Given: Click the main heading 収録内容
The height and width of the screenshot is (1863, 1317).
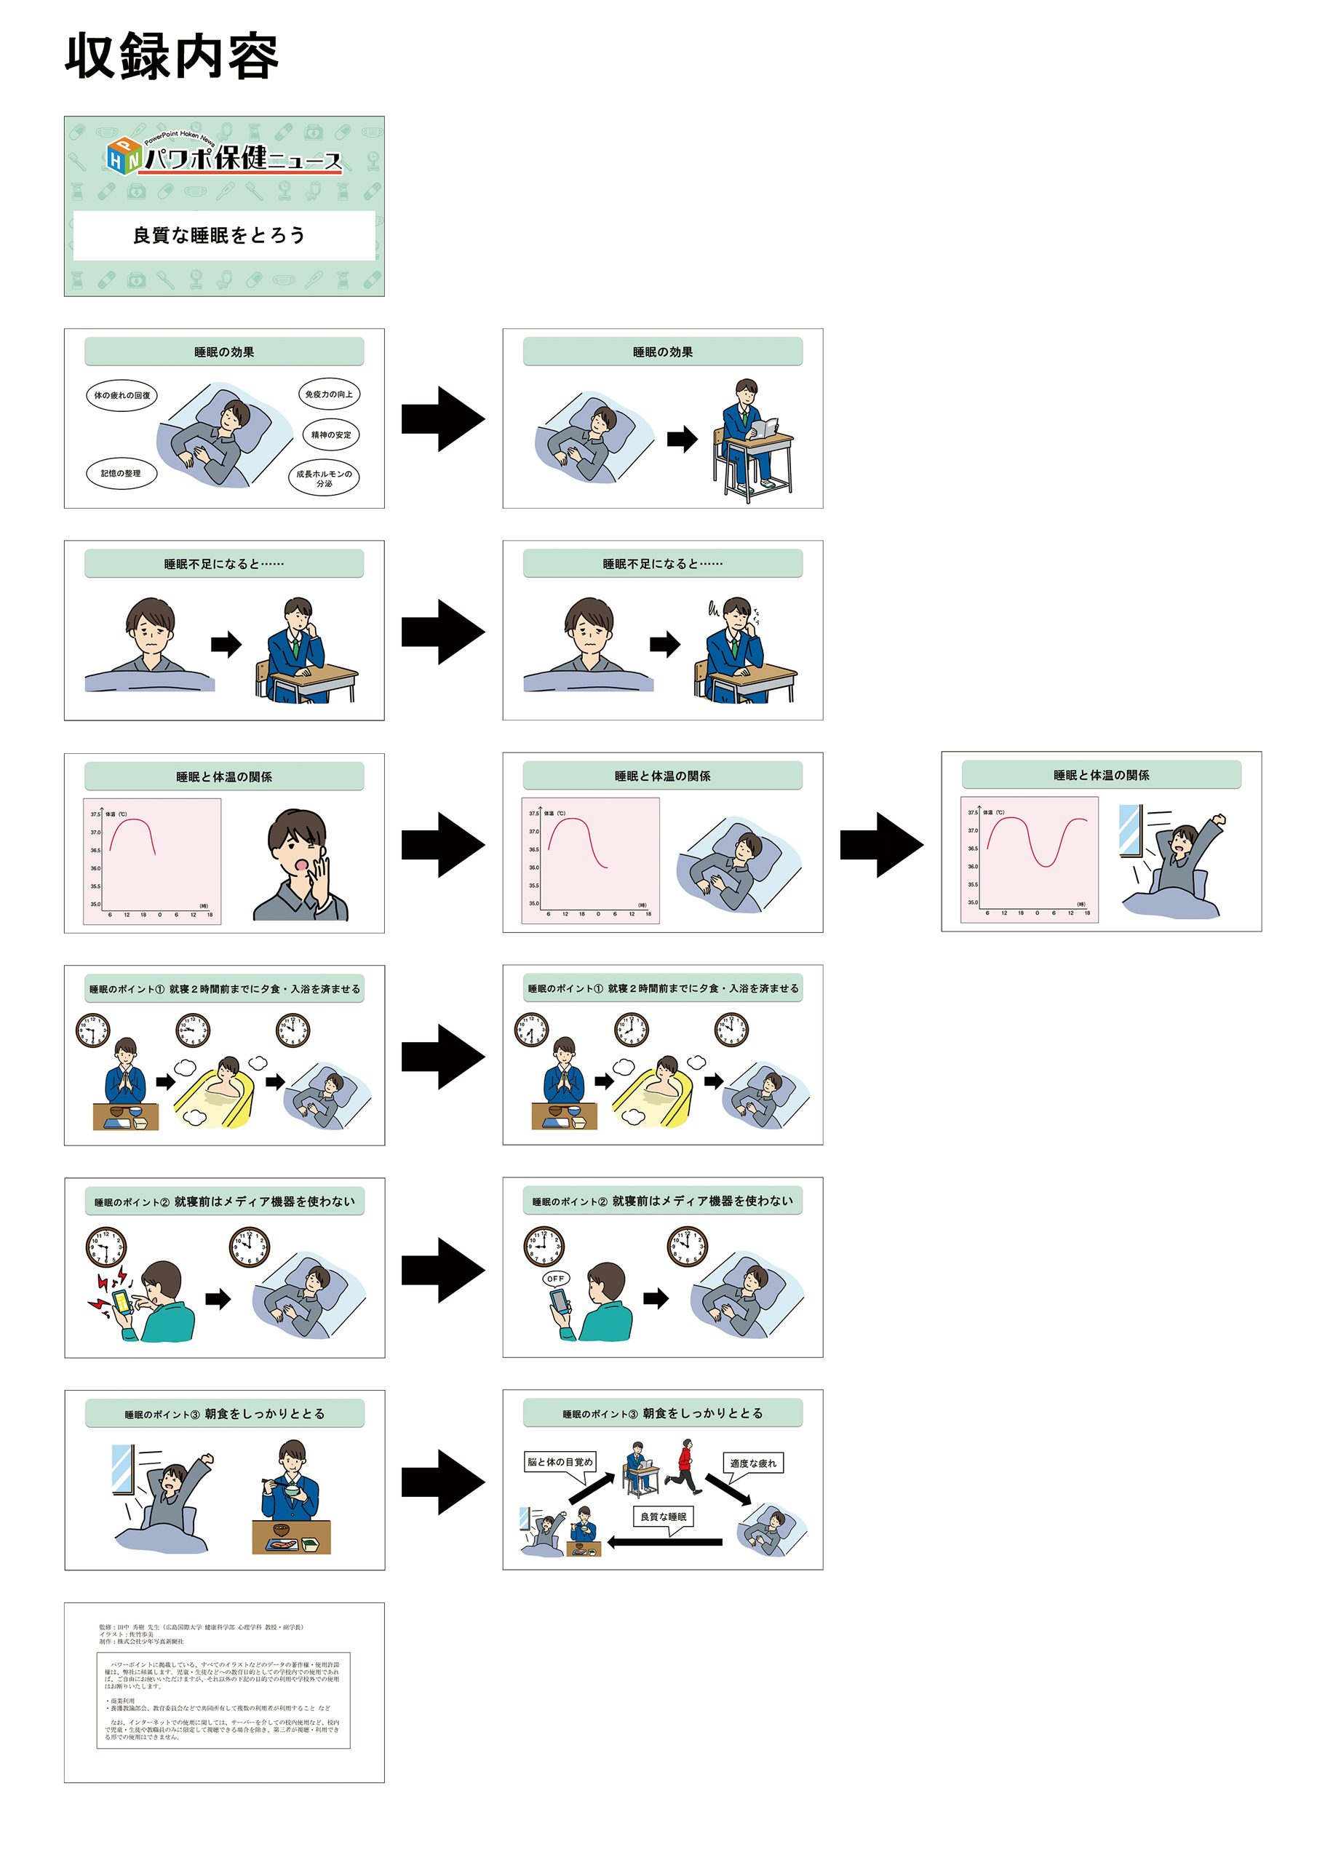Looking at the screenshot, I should (x=171, y=57).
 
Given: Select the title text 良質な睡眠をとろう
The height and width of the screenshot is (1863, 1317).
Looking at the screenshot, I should (x=219, y=235).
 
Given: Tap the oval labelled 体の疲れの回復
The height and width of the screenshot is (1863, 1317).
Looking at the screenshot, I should (x=122, y=395).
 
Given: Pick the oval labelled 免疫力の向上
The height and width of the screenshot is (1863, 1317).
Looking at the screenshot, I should (x=329, y=394).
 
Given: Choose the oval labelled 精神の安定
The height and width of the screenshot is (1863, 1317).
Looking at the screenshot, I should (x=331, y=435).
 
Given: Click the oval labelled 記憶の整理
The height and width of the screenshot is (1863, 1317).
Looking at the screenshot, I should (x=121, y=473).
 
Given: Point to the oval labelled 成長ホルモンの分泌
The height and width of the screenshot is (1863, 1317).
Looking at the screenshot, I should (x=324, y=478).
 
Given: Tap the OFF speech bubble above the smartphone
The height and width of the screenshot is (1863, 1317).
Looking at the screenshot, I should (x=556, y=1279).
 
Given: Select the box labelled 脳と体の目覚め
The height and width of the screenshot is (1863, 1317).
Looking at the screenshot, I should (x=560, y=1462).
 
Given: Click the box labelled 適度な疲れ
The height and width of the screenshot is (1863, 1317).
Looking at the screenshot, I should (x=753, y=1463).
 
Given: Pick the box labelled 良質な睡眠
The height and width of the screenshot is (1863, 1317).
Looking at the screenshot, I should (x=663, y=1517).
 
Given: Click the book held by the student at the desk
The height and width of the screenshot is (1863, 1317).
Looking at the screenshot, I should (x=765, y=429).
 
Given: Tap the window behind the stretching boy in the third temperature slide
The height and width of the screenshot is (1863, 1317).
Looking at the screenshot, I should (x=1129, y=830).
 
